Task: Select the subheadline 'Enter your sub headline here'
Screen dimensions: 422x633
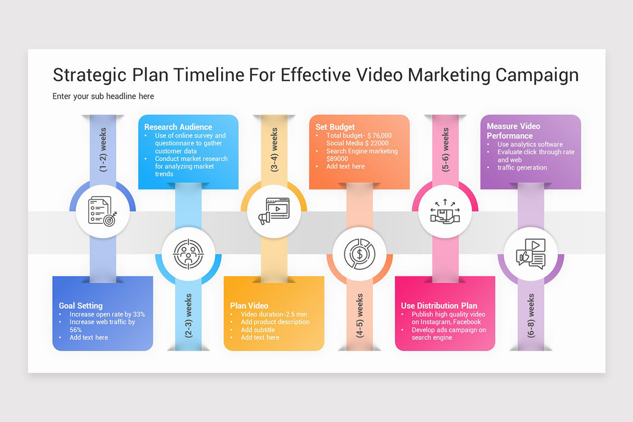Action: click(x=103, y=96)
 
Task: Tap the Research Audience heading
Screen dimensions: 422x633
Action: click(x=178, y=127)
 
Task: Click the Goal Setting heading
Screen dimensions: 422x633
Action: click(x=81, y=305)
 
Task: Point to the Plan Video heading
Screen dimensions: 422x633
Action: click(x=249, y=305)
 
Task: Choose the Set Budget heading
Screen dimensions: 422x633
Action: click(x=335, y=127)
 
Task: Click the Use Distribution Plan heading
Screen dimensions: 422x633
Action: click(x=439, y=305)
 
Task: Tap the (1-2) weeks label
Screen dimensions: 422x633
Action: click(x=103, y=149)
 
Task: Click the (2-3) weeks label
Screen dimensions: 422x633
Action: click(x=188, y=315)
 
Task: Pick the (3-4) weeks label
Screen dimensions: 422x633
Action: click(x=274, y=149)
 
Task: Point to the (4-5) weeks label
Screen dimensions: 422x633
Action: click(x=360, y=315)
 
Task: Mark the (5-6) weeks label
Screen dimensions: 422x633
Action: click(x=446, y=149)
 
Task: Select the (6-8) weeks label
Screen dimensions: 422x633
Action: click(x=531, y=315)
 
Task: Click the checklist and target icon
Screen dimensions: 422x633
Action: click(x=103, y=212)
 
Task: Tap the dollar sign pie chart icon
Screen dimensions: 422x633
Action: click(x=360, y=254)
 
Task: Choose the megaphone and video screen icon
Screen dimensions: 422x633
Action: click(x=274, y=212)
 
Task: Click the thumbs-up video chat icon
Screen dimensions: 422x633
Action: click(x=531, y=254)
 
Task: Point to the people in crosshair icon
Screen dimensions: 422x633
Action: click(x=188, y=254)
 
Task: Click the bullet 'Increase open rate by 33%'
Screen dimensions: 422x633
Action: click(x=107, y=314)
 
